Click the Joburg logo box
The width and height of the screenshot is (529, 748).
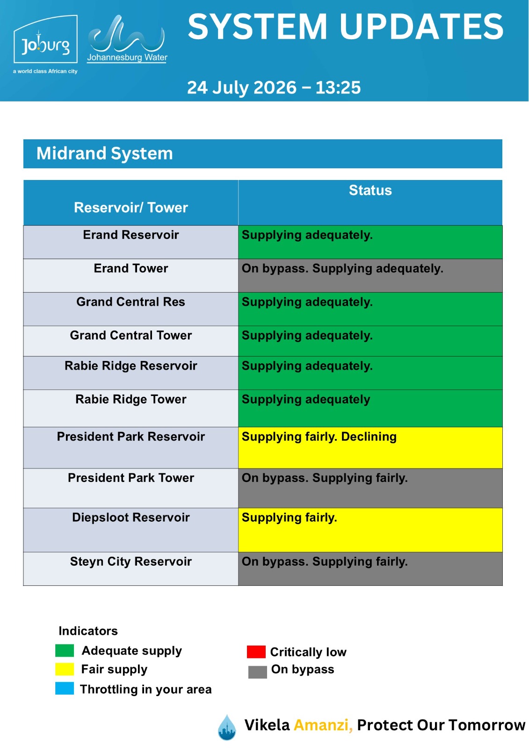[45, 39]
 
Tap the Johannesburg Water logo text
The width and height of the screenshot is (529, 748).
[127, 58]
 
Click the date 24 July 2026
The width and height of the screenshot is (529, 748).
[242, 87]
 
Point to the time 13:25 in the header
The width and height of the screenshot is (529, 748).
[338, 87]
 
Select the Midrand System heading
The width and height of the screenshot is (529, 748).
[105, 154]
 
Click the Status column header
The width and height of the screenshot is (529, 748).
[370, 190]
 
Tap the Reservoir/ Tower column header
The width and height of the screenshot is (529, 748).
[130, 208]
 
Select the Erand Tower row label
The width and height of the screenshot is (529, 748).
[130, 268]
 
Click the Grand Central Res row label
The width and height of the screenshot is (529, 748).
[130, 302]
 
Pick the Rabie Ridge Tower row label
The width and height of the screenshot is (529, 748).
[130, 399]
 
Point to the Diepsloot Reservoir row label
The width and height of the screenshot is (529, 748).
[130, 517]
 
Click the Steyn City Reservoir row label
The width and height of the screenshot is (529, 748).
[130, 561]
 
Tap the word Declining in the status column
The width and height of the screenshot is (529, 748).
[369, 437]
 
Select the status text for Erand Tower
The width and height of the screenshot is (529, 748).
[342, 268]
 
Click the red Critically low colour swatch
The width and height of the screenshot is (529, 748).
[256, 652]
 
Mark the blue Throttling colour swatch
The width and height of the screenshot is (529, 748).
[65, 689]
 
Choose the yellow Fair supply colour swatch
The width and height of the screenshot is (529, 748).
[65, 669]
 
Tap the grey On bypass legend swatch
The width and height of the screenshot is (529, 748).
[258, 672]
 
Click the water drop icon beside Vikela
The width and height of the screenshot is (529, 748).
[227, 727]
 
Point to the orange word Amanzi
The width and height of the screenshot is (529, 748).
[323, 725]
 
